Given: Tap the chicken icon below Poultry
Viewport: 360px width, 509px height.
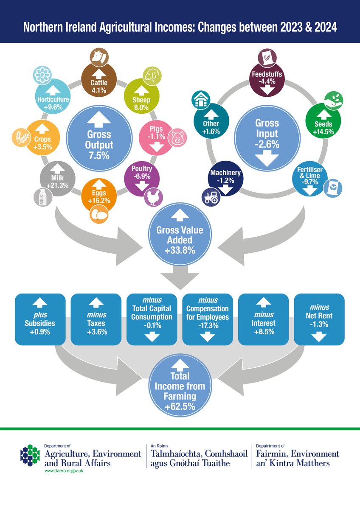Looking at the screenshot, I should pyautogui.click(x=152, y=196).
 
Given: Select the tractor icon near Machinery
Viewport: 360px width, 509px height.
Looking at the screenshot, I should pyautogui.click(x=211, y=196).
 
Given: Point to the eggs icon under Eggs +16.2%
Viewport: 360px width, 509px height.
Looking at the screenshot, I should pyautogui.click(x=98, y=215).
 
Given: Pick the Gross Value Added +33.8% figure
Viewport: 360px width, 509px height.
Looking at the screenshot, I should pyautogui.click(x=180, y=250).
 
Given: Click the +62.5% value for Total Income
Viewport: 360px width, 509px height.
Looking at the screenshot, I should pyautogui.click(x=180, y=407).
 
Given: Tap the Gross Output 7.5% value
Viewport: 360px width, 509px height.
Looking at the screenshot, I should pyautogui.click(x=99, y=155).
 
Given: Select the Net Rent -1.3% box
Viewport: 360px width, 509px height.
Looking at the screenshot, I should pyautogui.click(x=319, y=319).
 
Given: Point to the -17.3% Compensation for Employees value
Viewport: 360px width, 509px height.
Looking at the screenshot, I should pyautogui.click(x=207, y=325).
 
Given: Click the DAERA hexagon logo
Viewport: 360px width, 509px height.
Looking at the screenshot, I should pyautogui.click(x=30, y=455).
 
